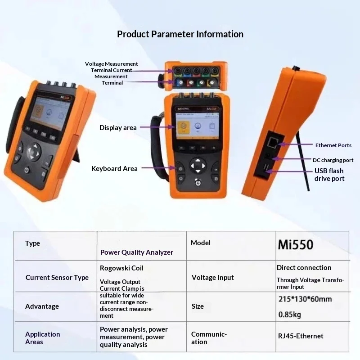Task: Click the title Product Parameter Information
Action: tap(180, 34)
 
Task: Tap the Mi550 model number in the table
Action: tap(295, 245)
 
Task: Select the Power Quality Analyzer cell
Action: tap(136, 252)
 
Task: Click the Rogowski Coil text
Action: tap(121, 268)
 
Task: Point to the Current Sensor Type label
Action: tap(57, 278)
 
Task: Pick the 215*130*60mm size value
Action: tap(306, 299)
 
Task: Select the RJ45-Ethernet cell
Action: tap(300, 336)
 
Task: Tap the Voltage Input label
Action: tap(212, 278)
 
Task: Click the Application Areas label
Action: tap(42, 338)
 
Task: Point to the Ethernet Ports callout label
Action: tap(333, 145)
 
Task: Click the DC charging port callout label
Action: tap(333, 160)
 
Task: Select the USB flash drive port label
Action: tap(329, 175)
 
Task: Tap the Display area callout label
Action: tap(118, 128)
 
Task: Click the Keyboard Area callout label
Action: tap(114, 169)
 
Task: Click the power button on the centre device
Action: tap(198, 183)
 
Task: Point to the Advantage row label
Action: tap(42, 306)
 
